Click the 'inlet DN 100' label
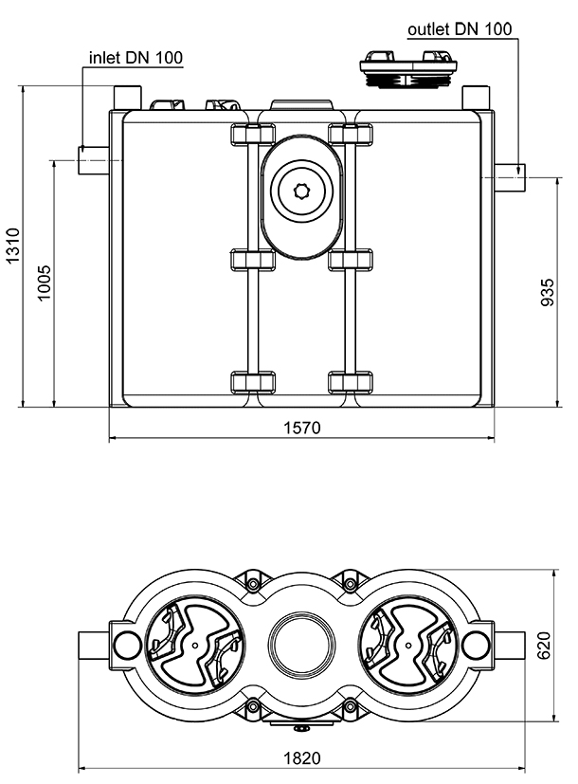(135, 58)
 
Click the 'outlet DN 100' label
(460, 29)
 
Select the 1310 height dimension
(12, 248)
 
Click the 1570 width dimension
(302, 428)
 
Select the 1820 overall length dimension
(302, 758)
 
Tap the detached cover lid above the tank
(407, 69)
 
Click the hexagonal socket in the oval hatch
(302, 189)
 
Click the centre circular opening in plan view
(302, 644)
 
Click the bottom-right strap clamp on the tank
(350, 382)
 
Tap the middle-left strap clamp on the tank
(252, 259)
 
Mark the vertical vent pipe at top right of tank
(475, 99)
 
